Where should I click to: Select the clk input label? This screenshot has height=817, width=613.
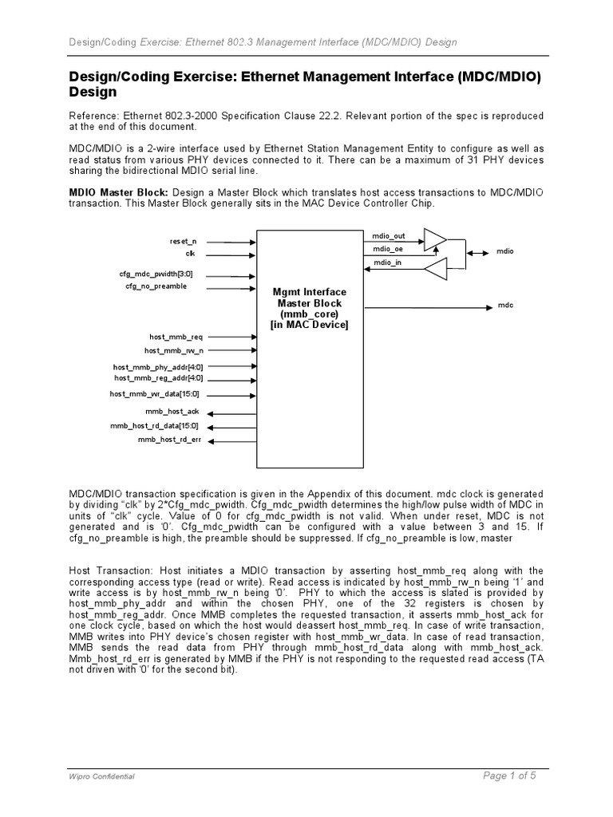(190, 253)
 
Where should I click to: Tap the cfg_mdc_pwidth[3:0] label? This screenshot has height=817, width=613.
(156, 274)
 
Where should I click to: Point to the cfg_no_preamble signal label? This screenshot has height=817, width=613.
(156, 286)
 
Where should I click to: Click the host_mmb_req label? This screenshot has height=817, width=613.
(176, 337)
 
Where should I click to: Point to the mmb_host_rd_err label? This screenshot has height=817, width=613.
(170, 440)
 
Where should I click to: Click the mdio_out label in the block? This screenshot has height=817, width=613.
(389, 236)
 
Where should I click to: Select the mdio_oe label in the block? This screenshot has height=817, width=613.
(387, 249)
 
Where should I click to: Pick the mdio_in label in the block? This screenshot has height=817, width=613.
(386, 262)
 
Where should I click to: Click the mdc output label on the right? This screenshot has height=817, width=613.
(505, 306)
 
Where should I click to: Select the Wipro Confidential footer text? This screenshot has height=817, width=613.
(100, 776)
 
